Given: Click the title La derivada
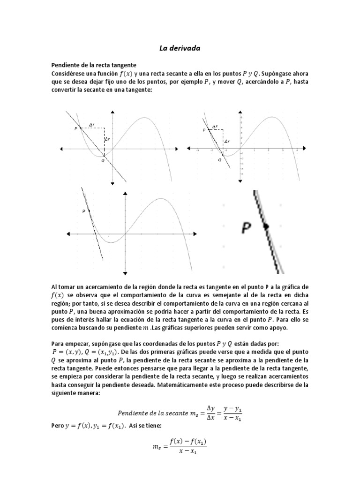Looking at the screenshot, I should (x=180, y=48).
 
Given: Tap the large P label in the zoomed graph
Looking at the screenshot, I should (x=247, y=228).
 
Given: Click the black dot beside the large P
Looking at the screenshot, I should (x=266, y=226).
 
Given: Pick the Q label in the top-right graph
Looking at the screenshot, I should (x=219, y=160).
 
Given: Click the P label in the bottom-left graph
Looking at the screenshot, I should (x=84, y=211).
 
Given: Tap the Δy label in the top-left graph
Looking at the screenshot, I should (x=107, y=139).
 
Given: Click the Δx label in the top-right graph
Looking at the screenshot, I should (x=214, y=127).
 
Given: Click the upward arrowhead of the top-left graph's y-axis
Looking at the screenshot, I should (x=112, y=112).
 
